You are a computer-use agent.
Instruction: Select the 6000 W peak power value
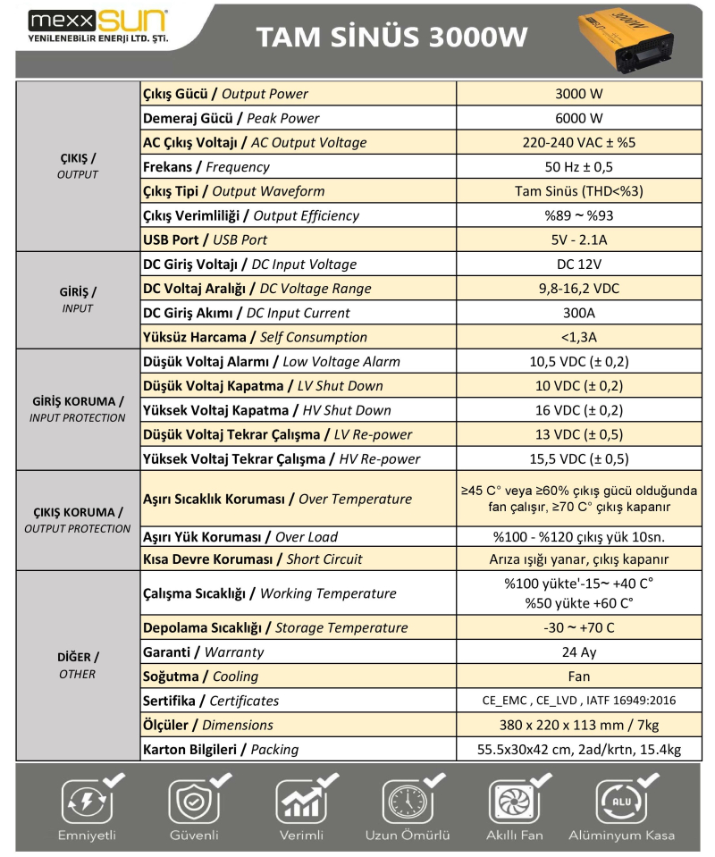(578, 118)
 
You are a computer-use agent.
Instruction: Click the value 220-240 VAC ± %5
(578, 142)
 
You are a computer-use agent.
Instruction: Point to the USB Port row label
(205, 239)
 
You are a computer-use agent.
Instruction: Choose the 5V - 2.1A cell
(578, 239)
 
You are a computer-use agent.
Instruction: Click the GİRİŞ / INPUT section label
(78, 300)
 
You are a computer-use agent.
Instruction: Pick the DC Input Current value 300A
(578, 313)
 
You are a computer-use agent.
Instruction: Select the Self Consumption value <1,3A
(578, 337)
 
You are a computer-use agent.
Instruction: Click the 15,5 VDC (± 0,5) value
(578, 459)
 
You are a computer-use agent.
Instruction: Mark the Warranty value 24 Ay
(578, 652)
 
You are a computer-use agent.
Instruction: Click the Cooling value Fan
(578, 676)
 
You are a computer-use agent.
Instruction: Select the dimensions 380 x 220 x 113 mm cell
(578, 725)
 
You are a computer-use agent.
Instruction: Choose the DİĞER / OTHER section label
(78, 665)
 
